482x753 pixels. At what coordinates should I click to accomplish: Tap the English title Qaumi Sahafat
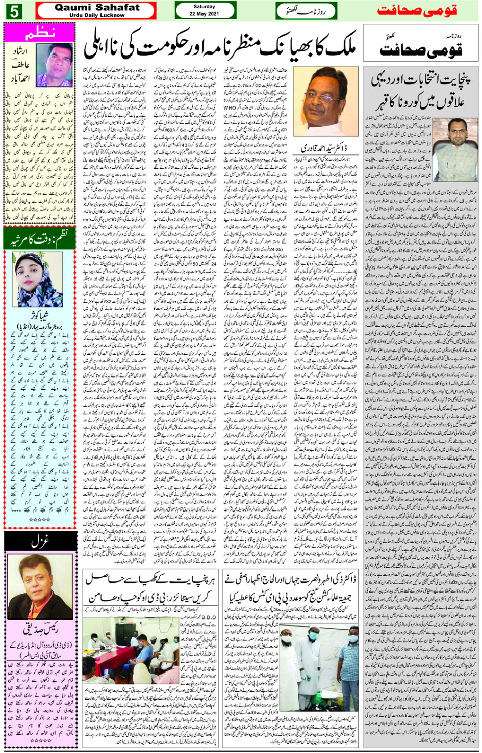pyautogui.click(x=96, y=7)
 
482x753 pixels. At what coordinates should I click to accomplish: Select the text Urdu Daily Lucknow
pyautogui.click(x=96, y=15)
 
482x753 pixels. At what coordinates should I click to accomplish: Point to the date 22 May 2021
pyautogui.click(x=204, y=14)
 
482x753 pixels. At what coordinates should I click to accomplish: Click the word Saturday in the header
pyautogui.click(x=204, y=7)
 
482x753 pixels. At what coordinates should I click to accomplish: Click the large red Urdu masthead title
pyautogui.click(x=416, y=11)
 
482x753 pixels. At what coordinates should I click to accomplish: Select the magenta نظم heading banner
pyautogui.click(x=40, y=34)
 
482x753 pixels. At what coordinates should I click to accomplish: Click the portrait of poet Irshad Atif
pyautogui.click(x=54, y=65)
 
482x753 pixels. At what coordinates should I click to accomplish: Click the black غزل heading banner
pyautogui.click(x=40, y=542)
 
